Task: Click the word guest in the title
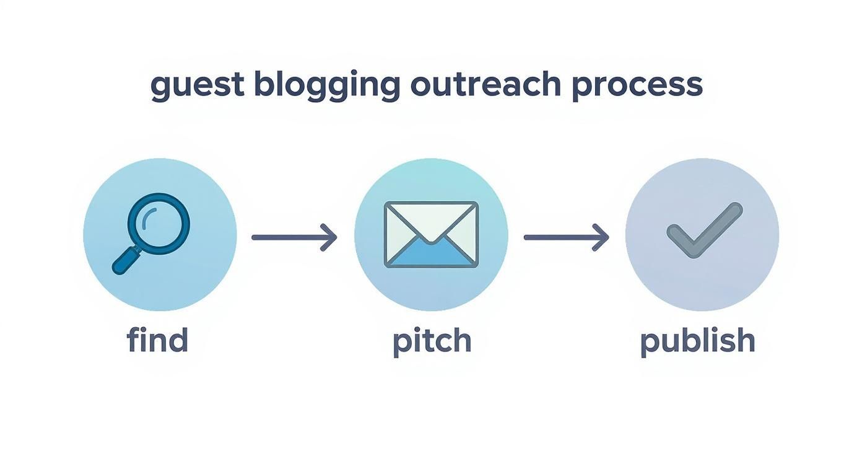[196, 86]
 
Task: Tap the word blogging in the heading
[327, 86]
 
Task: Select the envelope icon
[431, 234]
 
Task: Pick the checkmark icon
[704, 230]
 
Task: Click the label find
[157, 341]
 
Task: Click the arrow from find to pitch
[294, 237]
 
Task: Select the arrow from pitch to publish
[566, 237]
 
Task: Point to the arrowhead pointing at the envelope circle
[330, 237]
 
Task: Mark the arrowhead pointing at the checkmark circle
[602, 237]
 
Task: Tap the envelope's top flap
[431, 221]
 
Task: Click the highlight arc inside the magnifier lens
[146, 218]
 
